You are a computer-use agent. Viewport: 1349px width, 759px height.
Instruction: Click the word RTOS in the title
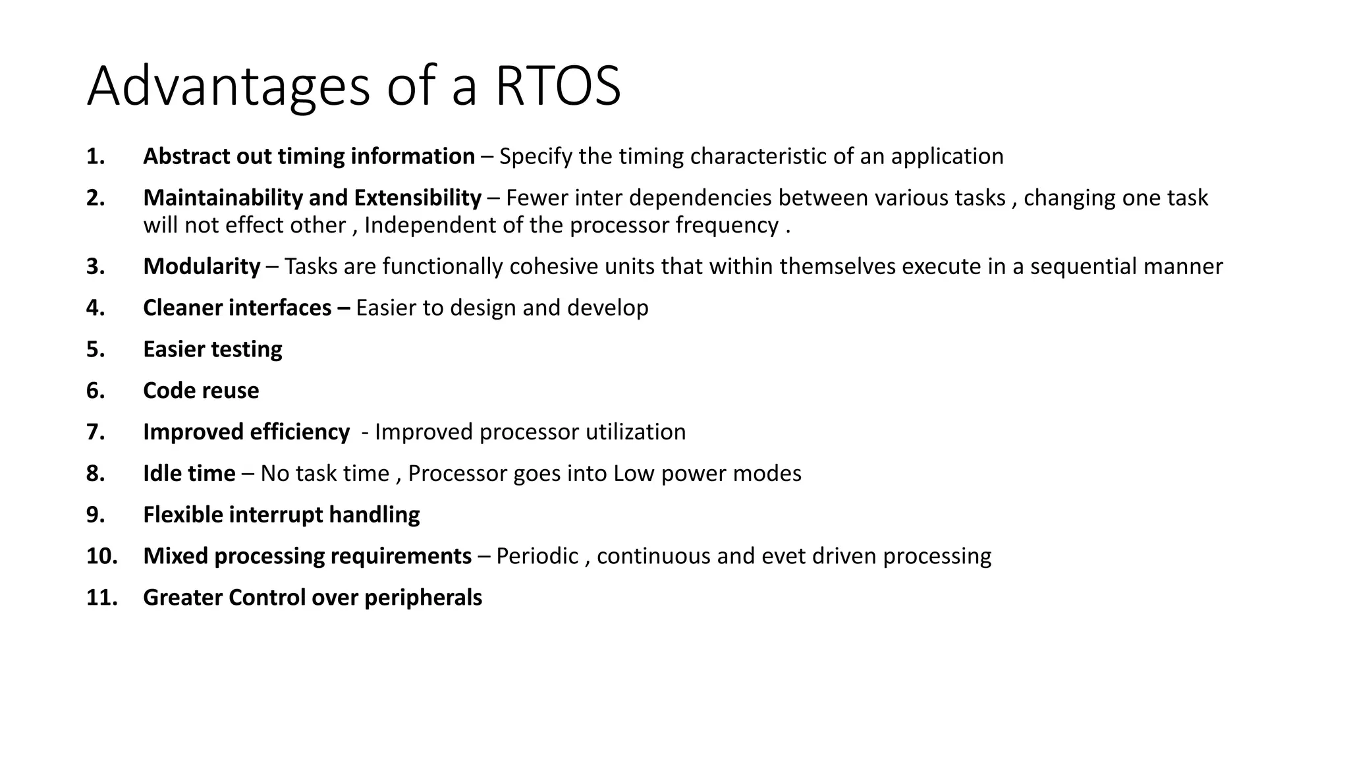click(x=557, y=86)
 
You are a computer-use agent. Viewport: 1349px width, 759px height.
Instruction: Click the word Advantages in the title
click(x=228, y=86)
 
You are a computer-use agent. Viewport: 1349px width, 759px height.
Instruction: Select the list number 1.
click(x=95, y=157)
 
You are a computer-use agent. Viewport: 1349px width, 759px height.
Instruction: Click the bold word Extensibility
click(x=418, y=198)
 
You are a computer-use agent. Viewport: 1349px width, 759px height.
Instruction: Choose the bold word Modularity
click(x=202, y=267)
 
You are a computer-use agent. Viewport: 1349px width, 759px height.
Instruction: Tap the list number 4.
click(x=95, y=308)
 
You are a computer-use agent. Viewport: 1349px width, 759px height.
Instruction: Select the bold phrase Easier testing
click(x=212, y=349)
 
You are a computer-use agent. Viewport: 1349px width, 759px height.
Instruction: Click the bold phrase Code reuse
click(x=201, y=391)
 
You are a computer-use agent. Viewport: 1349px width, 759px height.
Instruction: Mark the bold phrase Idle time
click(x=189, y=474)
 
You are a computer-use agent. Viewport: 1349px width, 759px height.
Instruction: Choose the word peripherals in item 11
click(x=423, y=598)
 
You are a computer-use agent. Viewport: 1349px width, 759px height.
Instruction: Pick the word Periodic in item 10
click(x=537, y=556)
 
